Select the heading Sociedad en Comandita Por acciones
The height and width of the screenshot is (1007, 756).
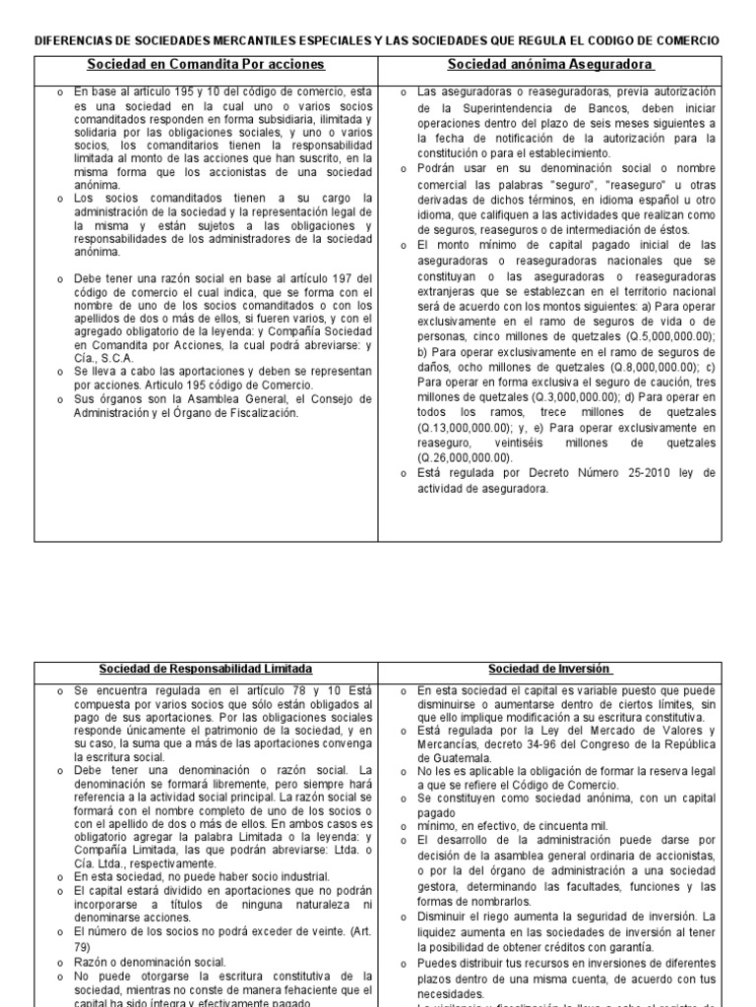pyautogui.click(x=205, y=65)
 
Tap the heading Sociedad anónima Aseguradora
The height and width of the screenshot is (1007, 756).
pyautogui.click(x=550, y=65)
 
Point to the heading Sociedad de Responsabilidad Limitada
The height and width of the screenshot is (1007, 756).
pyautogui.click(x=206, y=670)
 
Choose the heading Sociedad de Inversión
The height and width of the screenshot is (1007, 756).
pyautogui.click(x=550, y=670)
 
